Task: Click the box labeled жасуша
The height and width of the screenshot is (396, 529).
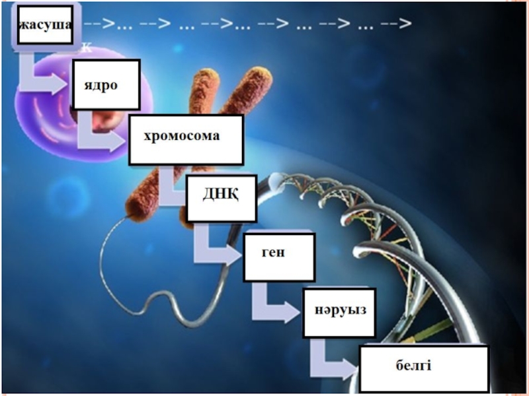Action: point(45,26)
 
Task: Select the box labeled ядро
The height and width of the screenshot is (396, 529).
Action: point(106,84)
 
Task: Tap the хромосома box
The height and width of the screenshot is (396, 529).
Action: point(186,139)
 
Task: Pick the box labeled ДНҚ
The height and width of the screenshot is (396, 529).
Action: point(222,198)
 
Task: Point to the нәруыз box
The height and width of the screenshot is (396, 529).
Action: point(339,312)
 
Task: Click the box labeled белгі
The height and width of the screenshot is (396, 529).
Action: point(423,368)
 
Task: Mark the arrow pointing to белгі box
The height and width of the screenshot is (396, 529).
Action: point(334,363)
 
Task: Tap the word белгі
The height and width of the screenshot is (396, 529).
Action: point(414,364)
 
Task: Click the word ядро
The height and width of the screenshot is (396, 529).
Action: point(101,86)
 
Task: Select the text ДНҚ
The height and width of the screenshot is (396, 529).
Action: point(220,194)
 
